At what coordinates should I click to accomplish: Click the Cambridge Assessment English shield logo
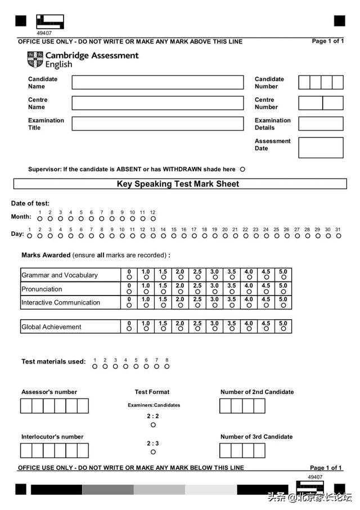coord(35,59)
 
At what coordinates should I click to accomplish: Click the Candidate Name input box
coord(157,82)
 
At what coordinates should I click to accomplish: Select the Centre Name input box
coord(157,103)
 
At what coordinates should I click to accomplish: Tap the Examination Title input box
coord(157,124)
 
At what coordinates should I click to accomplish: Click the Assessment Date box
coord(321,147)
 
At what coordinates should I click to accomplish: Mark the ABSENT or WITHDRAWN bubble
coord(242,169)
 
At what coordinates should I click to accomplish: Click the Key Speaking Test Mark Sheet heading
coord(178,184)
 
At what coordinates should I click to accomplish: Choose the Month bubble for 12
coord(153,218)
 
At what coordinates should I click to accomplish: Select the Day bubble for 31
coord(338,236)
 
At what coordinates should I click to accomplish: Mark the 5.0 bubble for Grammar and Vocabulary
coord(283,278)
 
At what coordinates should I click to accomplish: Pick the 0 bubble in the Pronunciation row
coord(129,292)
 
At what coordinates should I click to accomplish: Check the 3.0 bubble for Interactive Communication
coord(214,305)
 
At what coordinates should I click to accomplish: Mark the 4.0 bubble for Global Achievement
coord(249,329)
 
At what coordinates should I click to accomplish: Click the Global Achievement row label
coord(51,327)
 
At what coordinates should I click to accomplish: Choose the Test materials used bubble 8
coord(166,366)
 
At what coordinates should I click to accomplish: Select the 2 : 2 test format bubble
coord(153,425)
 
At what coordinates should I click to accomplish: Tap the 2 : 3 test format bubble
coord(153,452)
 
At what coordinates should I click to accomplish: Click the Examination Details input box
coord(321,124)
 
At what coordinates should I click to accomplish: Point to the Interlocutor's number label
coord(52,437)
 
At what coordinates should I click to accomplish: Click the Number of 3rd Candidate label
coord(256,437)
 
